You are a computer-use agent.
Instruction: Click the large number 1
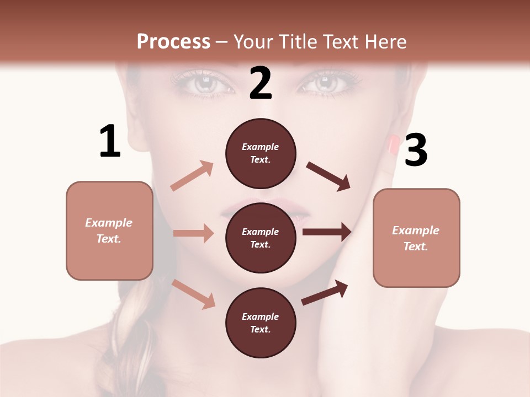(110, 142)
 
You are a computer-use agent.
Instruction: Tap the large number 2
(261, 84)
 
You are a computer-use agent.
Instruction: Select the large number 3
(416, 151)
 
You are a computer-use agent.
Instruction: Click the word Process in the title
(173, 41)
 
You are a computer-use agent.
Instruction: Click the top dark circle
(261, 153)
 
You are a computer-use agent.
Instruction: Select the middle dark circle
(261, 238)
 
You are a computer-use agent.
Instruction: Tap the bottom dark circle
(261, 323)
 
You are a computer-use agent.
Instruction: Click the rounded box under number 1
(109, 230)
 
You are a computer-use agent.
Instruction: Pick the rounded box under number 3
(416, 238)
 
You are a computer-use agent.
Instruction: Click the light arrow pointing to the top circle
(192, 175)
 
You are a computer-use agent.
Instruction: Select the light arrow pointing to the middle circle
(193, 233)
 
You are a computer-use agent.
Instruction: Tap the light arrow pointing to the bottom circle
(194, 294)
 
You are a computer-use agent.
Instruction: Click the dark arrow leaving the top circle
(329, 176)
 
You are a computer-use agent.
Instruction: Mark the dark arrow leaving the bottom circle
(325, 293)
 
